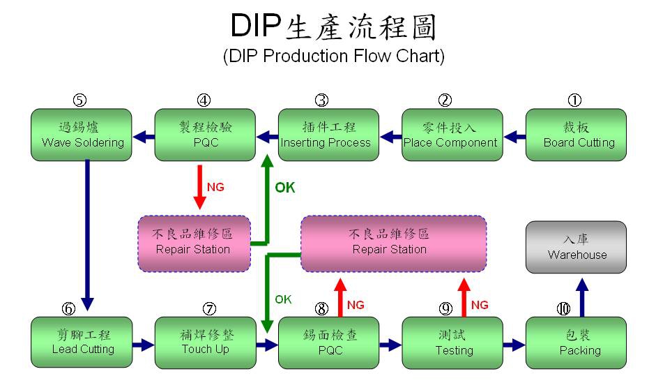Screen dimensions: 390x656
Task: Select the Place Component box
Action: [x=452, y=135]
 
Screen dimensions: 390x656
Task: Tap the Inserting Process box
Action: [x=328, y=135]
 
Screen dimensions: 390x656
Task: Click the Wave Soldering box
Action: [x=82, y=135]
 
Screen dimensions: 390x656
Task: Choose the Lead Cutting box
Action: [x=82, y=343]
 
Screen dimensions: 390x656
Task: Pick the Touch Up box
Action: [x=205, y=343]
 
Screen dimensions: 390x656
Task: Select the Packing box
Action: [x=576, y=343]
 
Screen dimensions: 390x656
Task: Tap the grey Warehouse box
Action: [x=576, y=247]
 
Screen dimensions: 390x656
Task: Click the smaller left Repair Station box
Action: [x=193, y=243]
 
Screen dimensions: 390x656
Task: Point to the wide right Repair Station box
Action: [x=392, y=243]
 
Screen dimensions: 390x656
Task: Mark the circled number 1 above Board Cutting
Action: [x=574, y=100]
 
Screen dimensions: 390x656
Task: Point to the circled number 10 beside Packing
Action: [x=563, y=308]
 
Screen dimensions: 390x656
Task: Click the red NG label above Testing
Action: [x=480, y=305]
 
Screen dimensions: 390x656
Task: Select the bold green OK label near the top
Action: [x=284, y=188]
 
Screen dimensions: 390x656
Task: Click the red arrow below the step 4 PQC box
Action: [x=200, y=186]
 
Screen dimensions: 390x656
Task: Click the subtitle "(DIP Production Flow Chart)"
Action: [x=333, y=57]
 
